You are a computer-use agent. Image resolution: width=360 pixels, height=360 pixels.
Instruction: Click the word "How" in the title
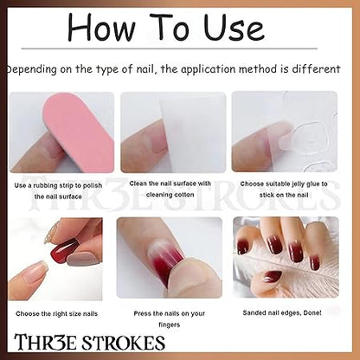(101, 27)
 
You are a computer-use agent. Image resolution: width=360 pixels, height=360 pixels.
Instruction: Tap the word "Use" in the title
(234, 27)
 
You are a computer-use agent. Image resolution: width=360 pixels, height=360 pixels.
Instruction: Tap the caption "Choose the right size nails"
(57, 313)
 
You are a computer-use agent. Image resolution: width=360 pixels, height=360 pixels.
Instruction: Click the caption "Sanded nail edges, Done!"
(282, 312)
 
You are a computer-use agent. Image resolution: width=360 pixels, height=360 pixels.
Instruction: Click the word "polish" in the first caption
(93, 185)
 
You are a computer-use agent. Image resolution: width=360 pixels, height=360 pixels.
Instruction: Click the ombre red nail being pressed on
(167, 260)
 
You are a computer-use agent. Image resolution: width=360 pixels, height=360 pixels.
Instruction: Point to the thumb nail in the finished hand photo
(271, 277)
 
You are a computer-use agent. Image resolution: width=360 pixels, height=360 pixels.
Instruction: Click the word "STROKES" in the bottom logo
(124, 343)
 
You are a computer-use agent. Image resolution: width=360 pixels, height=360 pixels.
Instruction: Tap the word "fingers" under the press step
(170, 325)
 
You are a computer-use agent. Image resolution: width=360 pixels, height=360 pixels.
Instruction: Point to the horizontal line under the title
(170, 48)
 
